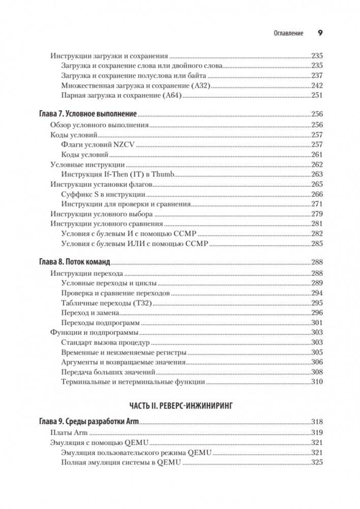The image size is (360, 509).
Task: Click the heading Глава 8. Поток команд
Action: point(75,263)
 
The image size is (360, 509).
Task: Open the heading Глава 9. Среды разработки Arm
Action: point(89,422)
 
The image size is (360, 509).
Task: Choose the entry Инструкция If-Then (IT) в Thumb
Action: point(117,174)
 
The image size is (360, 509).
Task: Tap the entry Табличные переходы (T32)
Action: point(106,303)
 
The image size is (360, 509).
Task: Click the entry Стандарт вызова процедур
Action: point(105,342)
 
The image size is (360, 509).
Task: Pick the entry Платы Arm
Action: point(69,432)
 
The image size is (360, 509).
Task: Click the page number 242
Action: point(317,85)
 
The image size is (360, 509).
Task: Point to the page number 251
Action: point(317,95)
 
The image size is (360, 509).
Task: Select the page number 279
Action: point(317,214)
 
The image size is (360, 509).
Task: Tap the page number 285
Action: point(317,244)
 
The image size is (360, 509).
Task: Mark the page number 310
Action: point(317,382)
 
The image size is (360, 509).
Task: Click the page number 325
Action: point(317,462)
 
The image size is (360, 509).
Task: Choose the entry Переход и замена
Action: point(90,313)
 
